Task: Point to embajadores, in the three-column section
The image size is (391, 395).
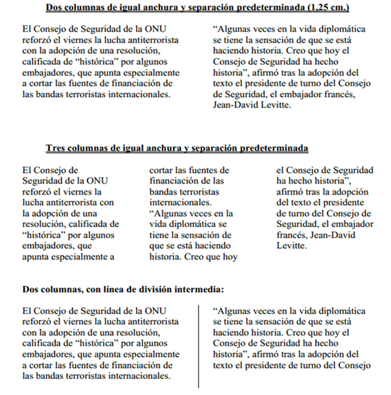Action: point(45,246)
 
